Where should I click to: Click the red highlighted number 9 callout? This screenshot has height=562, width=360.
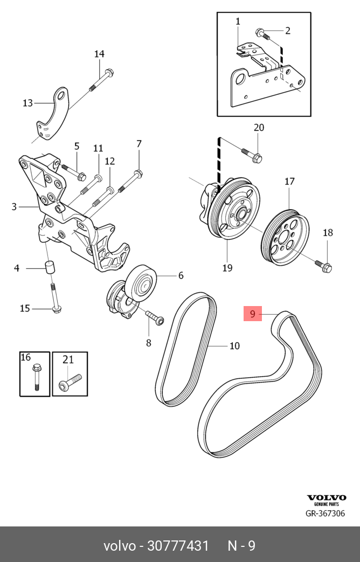pos(252,313)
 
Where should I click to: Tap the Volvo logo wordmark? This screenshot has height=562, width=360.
pos(327,497)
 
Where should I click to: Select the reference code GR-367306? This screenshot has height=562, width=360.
pos(325,514)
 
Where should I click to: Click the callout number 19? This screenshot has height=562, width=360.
pos(227,267)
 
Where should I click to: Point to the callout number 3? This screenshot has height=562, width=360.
pos(15,206)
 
